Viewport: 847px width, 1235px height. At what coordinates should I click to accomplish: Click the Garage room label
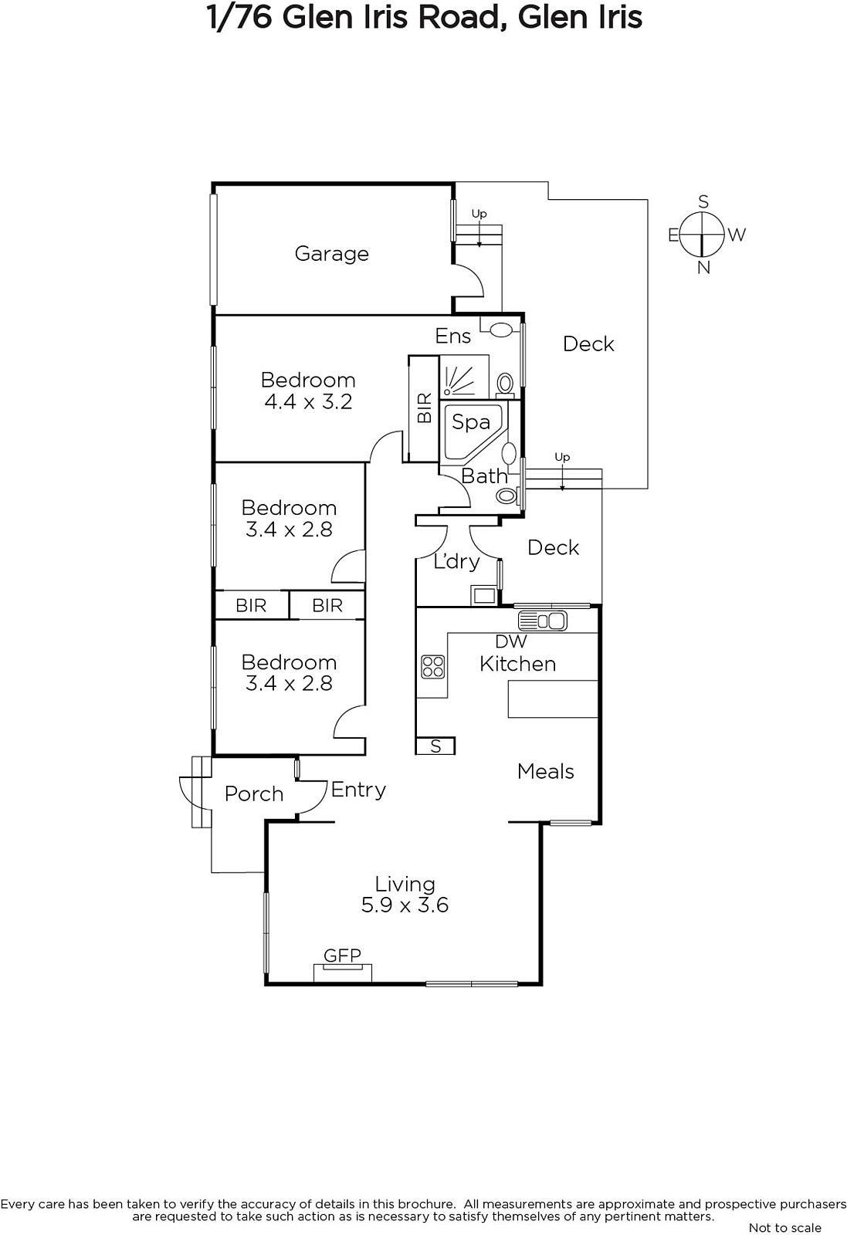coord(331,254)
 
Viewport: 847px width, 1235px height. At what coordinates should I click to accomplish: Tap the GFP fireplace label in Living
coord(343,955)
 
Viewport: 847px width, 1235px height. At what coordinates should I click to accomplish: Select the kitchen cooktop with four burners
coord(433,666)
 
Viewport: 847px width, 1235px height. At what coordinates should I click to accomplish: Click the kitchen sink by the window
coord(543,621)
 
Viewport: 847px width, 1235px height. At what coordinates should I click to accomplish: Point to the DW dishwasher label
coord(511,641)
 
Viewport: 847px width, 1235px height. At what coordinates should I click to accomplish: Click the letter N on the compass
coord(703,268)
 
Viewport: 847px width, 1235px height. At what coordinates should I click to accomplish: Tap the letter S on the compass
coord(703,201)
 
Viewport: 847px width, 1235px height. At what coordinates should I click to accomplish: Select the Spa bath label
coord(471,422)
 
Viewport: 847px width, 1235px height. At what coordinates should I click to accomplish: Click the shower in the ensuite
coord(464,377)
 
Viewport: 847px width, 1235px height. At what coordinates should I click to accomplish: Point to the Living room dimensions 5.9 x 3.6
coord(405,905)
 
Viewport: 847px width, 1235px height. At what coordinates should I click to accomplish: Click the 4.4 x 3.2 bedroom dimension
coord(308,402)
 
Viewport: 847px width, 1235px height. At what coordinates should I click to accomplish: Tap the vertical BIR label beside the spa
coord(425,408)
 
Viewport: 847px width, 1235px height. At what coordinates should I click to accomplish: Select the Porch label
coord(254,794)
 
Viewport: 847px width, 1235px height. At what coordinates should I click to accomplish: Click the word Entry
coord(358,790)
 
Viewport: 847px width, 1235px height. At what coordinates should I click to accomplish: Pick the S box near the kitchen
coord(435,746)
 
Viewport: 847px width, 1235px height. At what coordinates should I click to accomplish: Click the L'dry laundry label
coord(456,562)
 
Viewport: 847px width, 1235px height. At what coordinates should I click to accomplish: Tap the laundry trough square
coord(484,595)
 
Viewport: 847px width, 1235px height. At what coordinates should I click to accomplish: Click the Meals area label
coord(545,771)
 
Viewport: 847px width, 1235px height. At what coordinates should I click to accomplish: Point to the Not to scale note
coord(784,1228)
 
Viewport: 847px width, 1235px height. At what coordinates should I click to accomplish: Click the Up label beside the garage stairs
coord(479,213)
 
